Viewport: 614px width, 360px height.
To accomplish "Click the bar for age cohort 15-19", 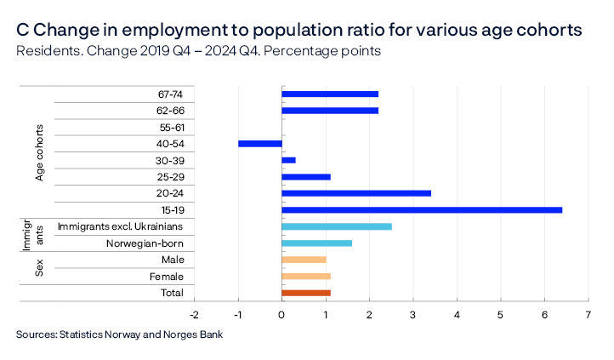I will coord(421,210).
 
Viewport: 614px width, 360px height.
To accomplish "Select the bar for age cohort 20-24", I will coord(355,193).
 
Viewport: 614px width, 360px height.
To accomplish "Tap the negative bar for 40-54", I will coord(259,144).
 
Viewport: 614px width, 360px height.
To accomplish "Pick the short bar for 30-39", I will coord(288,160).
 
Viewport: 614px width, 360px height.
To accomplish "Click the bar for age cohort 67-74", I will coord(329,94).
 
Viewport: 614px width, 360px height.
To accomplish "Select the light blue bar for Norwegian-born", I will coord(316,243).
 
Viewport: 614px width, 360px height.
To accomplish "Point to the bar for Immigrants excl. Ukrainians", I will coord(336,226).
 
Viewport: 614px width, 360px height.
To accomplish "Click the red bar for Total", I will coord(305,293).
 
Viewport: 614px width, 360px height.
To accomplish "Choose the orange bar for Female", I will coord(305,277).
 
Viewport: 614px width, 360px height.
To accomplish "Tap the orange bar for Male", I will coord(304,260).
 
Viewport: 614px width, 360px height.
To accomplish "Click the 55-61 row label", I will coord(172,127).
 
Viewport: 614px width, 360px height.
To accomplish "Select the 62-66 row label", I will coord(171,111).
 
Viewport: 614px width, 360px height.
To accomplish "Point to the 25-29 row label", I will coord(172,177).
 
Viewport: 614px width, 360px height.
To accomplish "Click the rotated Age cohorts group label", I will coord(40,151).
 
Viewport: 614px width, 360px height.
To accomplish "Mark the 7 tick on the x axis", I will coord(588,314).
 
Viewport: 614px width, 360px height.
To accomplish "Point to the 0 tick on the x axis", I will coord(281,314).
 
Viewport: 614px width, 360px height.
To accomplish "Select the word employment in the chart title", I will coord(149,30).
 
